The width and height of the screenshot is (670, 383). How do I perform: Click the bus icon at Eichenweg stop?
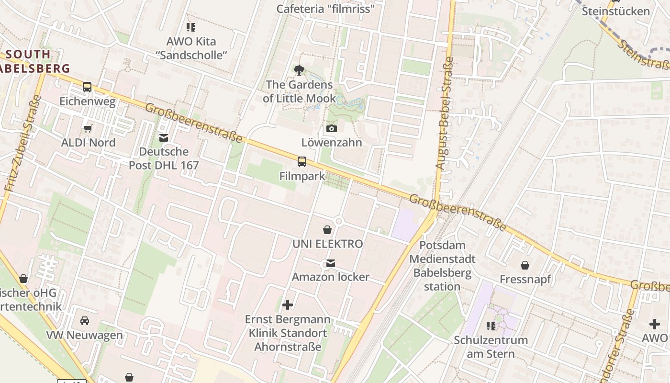[87, 87]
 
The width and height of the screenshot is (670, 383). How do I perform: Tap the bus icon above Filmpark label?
[301, 162]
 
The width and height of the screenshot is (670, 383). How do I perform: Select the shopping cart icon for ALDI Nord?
[88, 128]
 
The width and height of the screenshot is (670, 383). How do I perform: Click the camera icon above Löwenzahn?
[331, 128]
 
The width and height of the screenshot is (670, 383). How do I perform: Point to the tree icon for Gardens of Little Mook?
[299, 71]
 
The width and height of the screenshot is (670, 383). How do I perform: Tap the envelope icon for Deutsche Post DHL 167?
[164, 138]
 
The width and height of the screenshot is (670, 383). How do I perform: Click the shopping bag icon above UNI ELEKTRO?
[327, 230]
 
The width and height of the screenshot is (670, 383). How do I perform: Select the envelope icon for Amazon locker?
[331, 263]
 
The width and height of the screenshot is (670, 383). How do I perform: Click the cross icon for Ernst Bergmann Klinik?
[288, 305]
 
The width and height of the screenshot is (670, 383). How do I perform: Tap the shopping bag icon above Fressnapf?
[525, 265]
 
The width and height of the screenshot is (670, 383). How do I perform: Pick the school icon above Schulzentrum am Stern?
[491, 326]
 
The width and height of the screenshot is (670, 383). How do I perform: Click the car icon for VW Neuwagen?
[85, 321]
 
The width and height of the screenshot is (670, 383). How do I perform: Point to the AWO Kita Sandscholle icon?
[191, 27]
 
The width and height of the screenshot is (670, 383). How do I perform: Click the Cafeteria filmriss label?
[325, 9]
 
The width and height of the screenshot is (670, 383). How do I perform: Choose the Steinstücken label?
[615, 11]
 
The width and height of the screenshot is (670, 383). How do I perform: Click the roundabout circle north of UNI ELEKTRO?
[339, 221]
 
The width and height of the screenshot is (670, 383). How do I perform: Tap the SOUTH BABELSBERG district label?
[33, 61]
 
